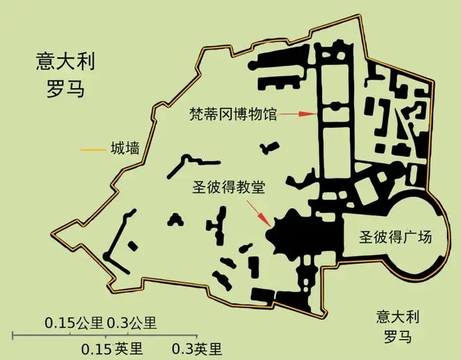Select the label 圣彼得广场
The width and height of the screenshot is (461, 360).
click(396, 237)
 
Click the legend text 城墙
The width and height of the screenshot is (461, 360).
click(124, 149)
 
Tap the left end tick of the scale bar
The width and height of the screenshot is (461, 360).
click(14, 336)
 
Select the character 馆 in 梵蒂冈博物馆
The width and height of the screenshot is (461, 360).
click(270, 114)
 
